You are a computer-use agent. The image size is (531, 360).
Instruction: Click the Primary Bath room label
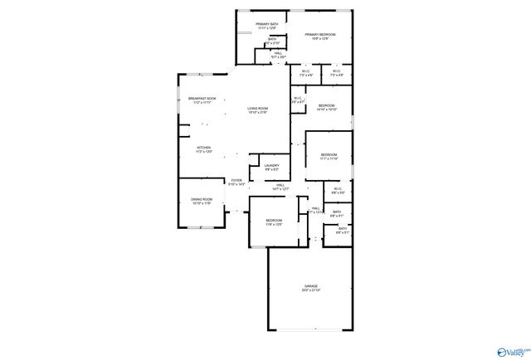[267, 24]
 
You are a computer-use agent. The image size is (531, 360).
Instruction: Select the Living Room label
[257, 109]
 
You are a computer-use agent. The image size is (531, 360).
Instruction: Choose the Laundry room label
[271, 166]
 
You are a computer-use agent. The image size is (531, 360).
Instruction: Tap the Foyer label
[236, 180]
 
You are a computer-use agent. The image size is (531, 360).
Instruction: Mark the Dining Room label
[202, 199]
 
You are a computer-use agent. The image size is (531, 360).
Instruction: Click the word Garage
[311, 286]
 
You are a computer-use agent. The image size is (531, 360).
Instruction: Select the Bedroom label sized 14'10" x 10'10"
[326, 105]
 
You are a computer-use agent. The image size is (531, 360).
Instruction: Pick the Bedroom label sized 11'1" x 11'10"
[329, 155]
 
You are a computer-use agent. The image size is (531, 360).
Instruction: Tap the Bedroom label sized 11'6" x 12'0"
[275, 220]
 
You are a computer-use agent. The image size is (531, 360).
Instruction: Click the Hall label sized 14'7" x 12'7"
[281, 185]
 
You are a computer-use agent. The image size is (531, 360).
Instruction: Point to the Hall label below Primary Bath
[278, 53]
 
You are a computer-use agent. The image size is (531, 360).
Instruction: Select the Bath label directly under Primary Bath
[272, 38]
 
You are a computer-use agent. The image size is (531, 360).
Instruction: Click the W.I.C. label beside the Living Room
[297, 99]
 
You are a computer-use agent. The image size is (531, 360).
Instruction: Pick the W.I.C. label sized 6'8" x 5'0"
[339, 189]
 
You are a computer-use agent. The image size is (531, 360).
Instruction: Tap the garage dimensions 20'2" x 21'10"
[311, 290]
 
